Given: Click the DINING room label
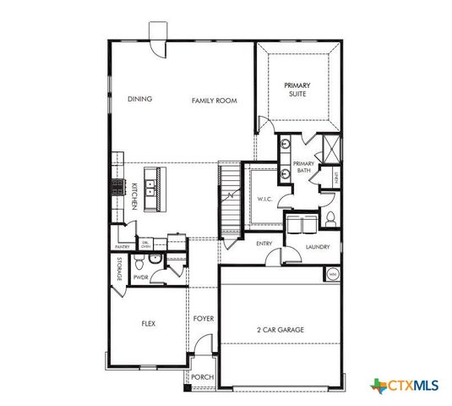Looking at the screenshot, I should (139, 99).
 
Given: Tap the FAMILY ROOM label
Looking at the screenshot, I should (213, 100).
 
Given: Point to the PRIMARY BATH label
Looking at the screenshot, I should (302, 167).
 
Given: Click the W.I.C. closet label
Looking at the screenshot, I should (264, 199).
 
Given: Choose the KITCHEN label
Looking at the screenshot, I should (134, 196).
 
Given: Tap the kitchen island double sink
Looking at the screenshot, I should (155, 188).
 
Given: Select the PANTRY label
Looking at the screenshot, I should (121, 247).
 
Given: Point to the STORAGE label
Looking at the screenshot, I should (120, 268).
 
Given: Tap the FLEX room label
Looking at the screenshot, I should (147, 324).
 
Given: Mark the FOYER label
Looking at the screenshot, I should (203, 319).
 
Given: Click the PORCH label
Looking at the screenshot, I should (201, 377).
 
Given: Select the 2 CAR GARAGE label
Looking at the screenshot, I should (280, 330).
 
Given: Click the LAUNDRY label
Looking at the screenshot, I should (318, 247).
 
